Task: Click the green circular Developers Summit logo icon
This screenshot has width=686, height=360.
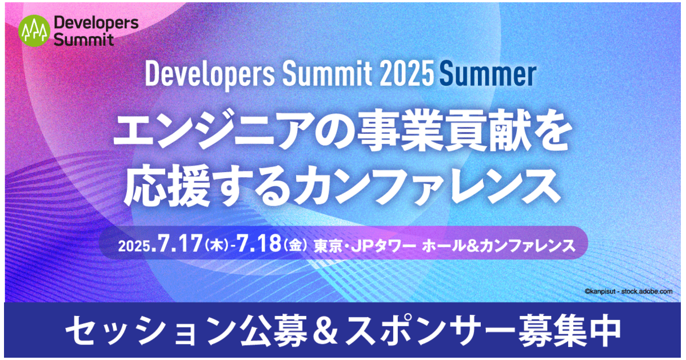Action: [x=34, y=30]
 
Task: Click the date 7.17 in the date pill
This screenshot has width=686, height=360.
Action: [x=178, y=245]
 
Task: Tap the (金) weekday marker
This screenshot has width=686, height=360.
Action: [x=296, y=246]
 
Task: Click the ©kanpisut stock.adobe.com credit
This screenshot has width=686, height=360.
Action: [x=628, y=291]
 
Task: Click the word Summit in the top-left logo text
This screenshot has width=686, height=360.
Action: [x=84, y=39]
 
